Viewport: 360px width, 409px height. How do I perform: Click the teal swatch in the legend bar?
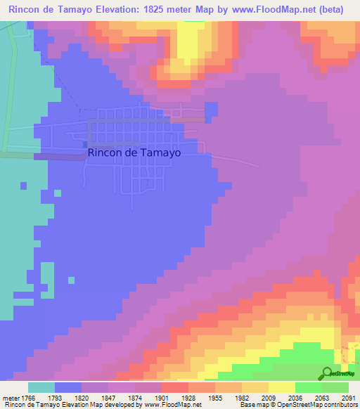coord(41,387)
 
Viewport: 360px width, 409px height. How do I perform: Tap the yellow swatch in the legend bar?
coord(281,387)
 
